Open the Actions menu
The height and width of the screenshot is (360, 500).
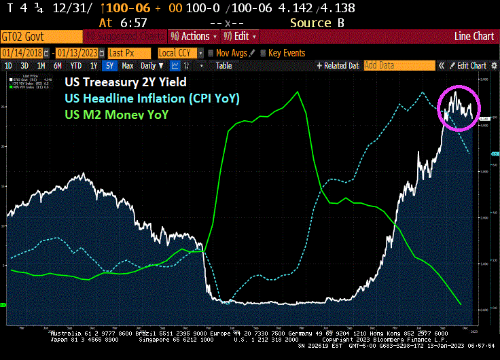point(194,36)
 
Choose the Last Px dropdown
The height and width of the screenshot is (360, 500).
point(129,53)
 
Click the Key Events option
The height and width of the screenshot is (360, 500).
point(286,53)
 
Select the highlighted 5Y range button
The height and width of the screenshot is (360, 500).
point(109,66)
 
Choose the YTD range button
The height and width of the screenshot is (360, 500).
point(76,66)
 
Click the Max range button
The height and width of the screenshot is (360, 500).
point(128,66)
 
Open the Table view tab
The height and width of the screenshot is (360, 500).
point(224,66)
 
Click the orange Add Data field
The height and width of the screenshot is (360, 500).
point(397,66)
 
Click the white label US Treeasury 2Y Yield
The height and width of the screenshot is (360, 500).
point(125,82)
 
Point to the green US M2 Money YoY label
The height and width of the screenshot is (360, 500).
point(116,114)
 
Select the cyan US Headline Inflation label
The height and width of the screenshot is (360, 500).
point(152,98)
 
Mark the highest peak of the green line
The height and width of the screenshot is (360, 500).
point(298,92)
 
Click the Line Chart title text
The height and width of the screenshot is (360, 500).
point(474,36)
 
